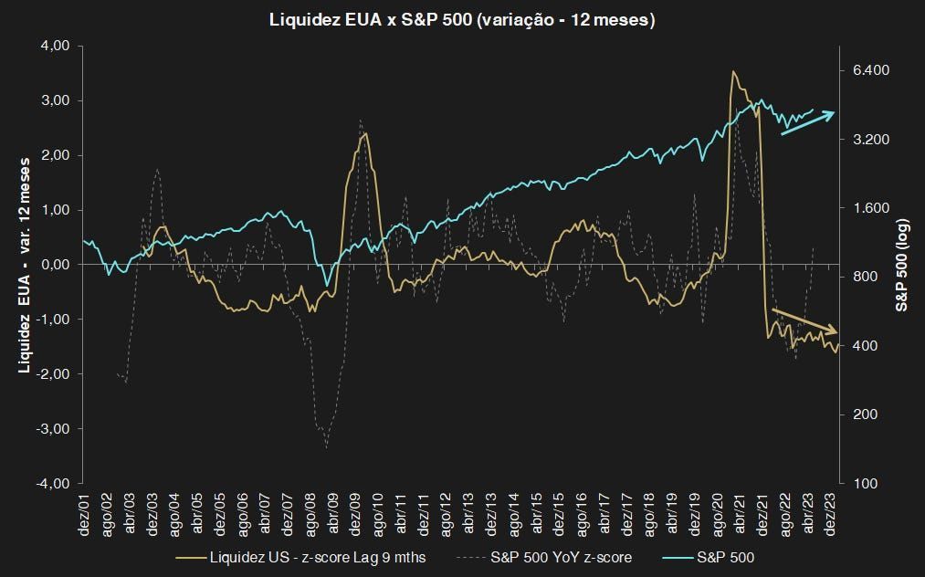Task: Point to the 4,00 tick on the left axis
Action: (x=55, y=46)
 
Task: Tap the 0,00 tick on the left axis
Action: (x=55, y=265)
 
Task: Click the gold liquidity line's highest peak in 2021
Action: (x=734, y=71)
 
